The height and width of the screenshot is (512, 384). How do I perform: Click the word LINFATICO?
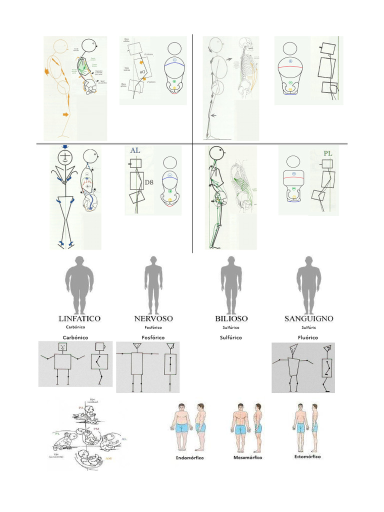pyautogui.click(x=79, y=318)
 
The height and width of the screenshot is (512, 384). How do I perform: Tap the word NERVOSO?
pyautogui.click(x=153, y=318)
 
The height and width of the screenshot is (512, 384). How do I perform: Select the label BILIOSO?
pyautogui.click(x=231, y=318)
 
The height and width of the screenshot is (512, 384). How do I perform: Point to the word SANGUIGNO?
pyautogui.click(x=308, y=318)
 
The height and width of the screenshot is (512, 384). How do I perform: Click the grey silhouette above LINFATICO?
pyautogui.click(x=79, y=284)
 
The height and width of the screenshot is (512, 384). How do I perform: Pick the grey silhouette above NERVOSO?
pyautogui.click(x=153, y=284)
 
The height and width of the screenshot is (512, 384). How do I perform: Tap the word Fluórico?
pyautogui.click(x=308, y=337)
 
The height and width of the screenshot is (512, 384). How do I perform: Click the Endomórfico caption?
pyautogui.click(x=190, y=457)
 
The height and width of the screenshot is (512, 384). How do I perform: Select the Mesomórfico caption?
pyautogui.click(x=247, y=457)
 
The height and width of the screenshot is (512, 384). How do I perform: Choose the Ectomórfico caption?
pyautogui.click(x=307, y=456)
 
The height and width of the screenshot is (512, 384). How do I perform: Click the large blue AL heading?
pyautogui.click(x=135, y=150)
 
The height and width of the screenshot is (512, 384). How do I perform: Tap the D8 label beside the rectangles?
pyautogui.click(x=149, y=182)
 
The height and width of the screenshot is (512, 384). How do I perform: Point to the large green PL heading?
pyautogui.click(x=328, y=153)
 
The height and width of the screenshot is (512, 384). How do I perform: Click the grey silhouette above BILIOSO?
pyautogui.click(x=231, y=284)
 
